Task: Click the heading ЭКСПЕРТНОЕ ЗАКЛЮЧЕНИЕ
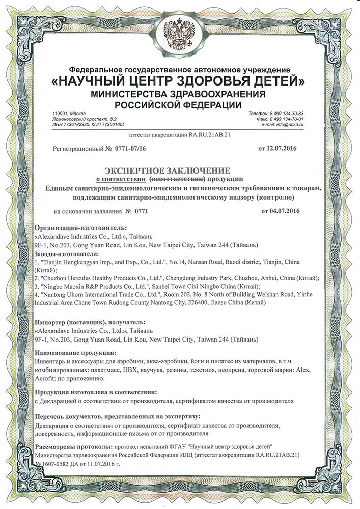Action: pos(168,169)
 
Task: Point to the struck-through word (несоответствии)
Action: pos(177,179)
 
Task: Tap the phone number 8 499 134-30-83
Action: pos(285,113)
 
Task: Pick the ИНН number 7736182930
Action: pos(77,124)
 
